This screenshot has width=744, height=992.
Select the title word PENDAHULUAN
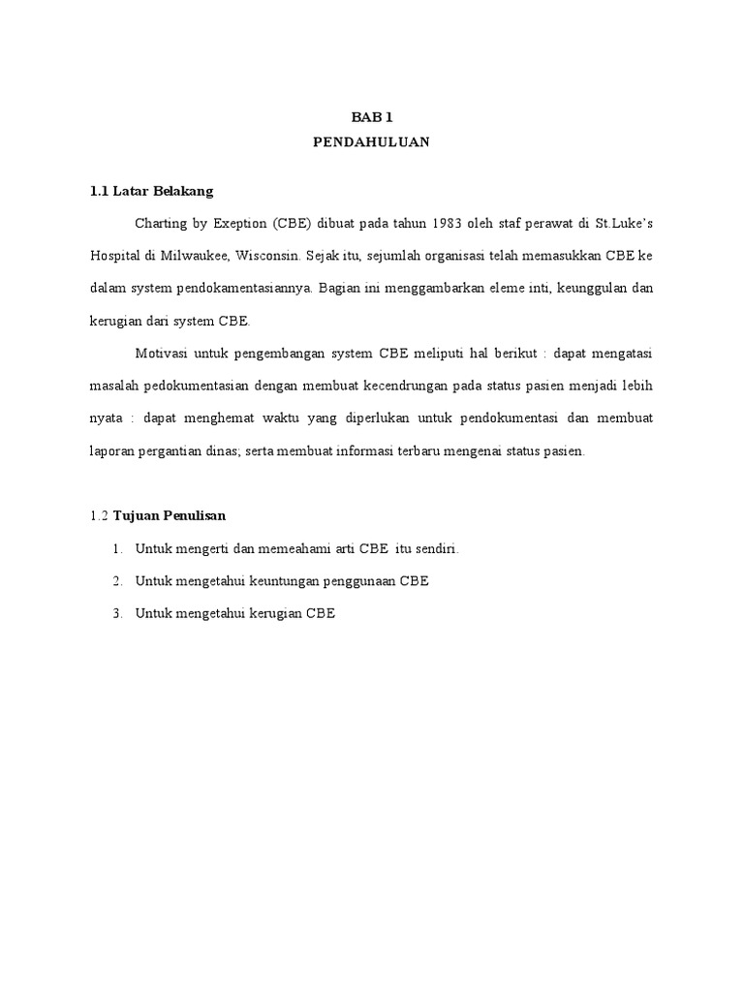371,142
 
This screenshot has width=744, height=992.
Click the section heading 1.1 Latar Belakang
151,191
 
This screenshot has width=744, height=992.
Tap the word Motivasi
163,354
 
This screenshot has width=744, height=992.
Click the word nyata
106,418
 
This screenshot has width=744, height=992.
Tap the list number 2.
116,581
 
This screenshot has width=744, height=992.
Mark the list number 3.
116,613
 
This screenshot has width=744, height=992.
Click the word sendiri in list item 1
434,549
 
